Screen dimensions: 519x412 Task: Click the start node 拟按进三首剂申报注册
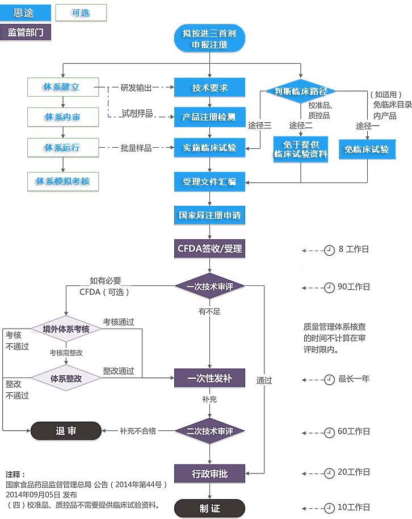coord(209,38)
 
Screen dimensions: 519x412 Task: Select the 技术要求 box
coord(209,88)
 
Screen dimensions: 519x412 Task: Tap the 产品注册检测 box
coord(209,117)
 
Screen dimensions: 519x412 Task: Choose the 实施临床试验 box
coord(209,148)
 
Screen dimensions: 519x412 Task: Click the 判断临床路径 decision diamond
coord(301,91)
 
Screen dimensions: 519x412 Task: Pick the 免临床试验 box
coord(367,150)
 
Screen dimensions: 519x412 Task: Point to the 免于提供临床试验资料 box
coord(301,149)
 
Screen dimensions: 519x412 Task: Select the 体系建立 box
coord(62,87)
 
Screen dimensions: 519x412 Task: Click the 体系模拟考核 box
coord(62,181)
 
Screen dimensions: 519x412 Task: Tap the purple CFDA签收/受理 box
coord(209,248)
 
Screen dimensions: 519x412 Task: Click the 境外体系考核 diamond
coord(66,329)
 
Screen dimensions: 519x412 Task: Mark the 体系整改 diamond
coord(66,378)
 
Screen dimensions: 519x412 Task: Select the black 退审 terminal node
coord(66,431)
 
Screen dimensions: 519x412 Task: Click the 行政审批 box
coord(209,473)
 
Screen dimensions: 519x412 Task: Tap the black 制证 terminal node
coord(209,508)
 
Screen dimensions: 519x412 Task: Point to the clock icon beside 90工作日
coord(329,287)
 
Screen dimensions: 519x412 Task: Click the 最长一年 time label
coord(354,379)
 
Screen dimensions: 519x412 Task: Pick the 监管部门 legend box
coord(26,32)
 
